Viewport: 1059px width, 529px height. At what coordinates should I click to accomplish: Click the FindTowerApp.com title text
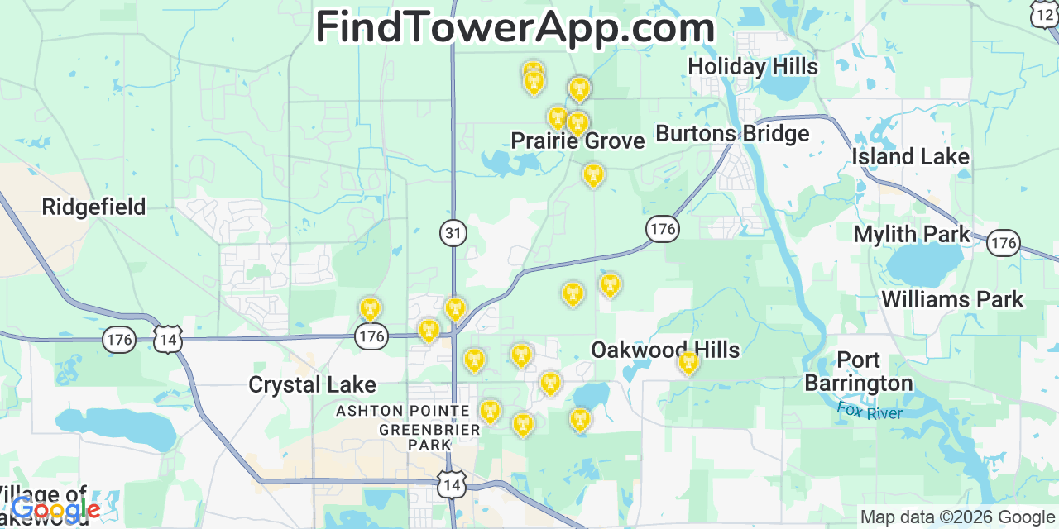coord(515,28)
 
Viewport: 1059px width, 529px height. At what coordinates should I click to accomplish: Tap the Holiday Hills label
coord(753,66)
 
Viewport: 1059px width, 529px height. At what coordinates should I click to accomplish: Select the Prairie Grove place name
coord(577,141)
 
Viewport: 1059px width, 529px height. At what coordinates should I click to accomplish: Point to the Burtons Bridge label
coord(732,134)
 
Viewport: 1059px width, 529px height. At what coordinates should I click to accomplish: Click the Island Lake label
coord(910,157)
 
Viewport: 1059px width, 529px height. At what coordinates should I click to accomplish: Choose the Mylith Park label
coord(912,235)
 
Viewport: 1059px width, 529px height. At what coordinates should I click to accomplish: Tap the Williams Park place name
coord(952,299)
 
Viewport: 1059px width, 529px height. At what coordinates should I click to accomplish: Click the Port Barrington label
coord(858,372)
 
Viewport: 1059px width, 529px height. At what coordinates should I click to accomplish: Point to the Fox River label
coord(869,411)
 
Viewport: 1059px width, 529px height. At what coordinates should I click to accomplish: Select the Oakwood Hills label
coord(665,350)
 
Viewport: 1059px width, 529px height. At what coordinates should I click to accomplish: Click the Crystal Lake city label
coord(312,385)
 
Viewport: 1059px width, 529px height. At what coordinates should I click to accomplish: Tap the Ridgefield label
coord(93,207)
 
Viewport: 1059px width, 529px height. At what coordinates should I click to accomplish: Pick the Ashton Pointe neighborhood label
coord(403,411)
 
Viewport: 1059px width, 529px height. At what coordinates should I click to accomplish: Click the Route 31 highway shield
coord(453,234)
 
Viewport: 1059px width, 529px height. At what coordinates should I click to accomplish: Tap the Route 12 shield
coord(1044,14)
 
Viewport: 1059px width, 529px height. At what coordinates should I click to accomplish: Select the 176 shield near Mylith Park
coord(1004,243)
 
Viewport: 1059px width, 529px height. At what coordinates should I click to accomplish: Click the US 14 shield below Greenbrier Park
coord(452,485)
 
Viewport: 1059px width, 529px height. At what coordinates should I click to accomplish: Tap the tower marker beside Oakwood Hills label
coord(688,362)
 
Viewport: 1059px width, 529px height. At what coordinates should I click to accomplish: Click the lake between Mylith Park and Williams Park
coord(923,265)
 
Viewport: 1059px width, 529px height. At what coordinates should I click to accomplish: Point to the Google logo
coord(55,510)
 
